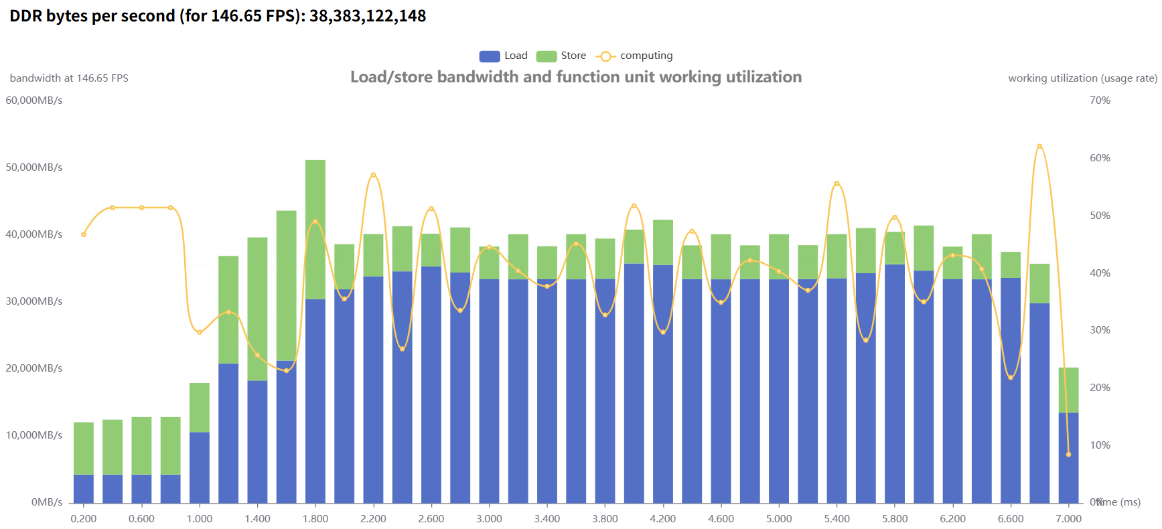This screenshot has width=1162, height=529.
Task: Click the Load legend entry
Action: point(504,56)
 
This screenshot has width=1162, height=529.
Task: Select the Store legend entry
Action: point(561,56)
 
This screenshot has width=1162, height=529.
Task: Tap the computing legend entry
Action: point(634,56)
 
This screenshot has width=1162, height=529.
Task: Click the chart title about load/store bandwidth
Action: point(576,77)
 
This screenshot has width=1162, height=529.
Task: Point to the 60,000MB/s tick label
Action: point(34,100)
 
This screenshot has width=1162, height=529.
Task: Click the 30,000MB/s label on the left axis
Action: point(34,301)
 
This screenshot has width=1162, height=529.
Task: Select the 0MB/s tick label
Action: point(47,502)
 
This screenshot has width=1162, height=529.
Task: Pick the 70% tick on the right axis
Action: point(1100,100)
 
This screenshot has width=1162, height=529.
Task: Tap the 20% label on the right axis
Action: point(1100,388)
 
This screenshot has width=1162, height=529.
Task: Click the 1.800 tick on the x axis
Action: point(315,519)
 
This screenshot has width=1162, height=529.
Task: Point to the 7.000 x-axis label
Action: point(1068,519)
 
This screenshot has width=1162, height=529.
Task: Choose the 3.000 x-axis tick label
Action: point(489,519)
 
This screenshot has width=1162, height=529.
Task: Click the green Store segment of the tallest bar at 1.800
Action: point(315,228)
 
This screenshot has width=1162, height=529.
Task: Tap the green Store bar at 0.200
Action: point(84,448)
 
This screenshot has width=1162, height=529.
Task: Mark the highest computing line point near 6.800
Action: point(1039,146)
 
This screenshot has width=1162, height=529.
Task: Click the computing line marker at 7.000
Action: point(1068,455)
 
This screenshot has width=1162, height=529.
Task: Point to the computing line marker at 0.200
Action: point(84,234)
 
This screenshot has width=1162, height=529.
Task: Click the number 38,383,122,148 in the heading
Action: point(368,16)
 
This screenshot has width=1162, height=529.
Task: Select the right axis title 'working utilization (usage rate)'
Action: point(1082,78)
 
